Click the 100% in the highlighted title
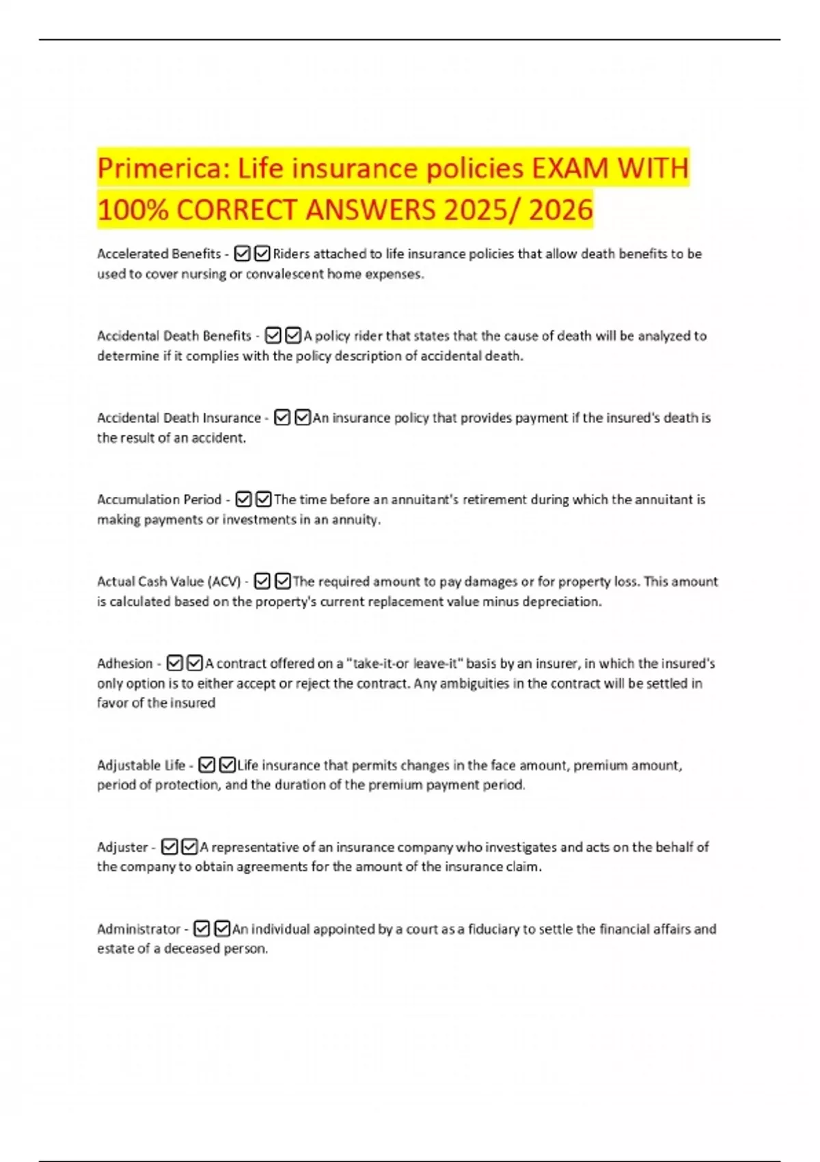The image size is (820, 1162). tap(133, 210)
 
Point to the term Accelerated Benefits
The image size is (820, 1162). tap(159, 254)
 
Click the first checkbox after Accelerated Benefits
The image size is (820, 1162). tap(242, 254)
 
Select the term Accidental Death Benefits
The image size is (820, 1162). tap(174, 336)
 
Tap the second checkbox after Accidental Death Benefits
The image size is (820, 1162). tap(293, 336)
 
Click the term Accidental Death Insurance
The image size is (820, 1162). tap(179, 418)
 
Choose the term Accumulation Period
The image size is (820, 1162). tap(159, 500)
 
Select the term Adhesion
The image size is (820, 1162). tap(125, 664)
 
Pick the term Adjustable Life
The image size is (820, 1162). tap(141, 766)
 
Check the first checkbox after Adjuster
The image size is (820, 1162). tap(169, 848)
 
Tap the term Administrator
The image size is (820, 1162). tap(139, 930)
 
